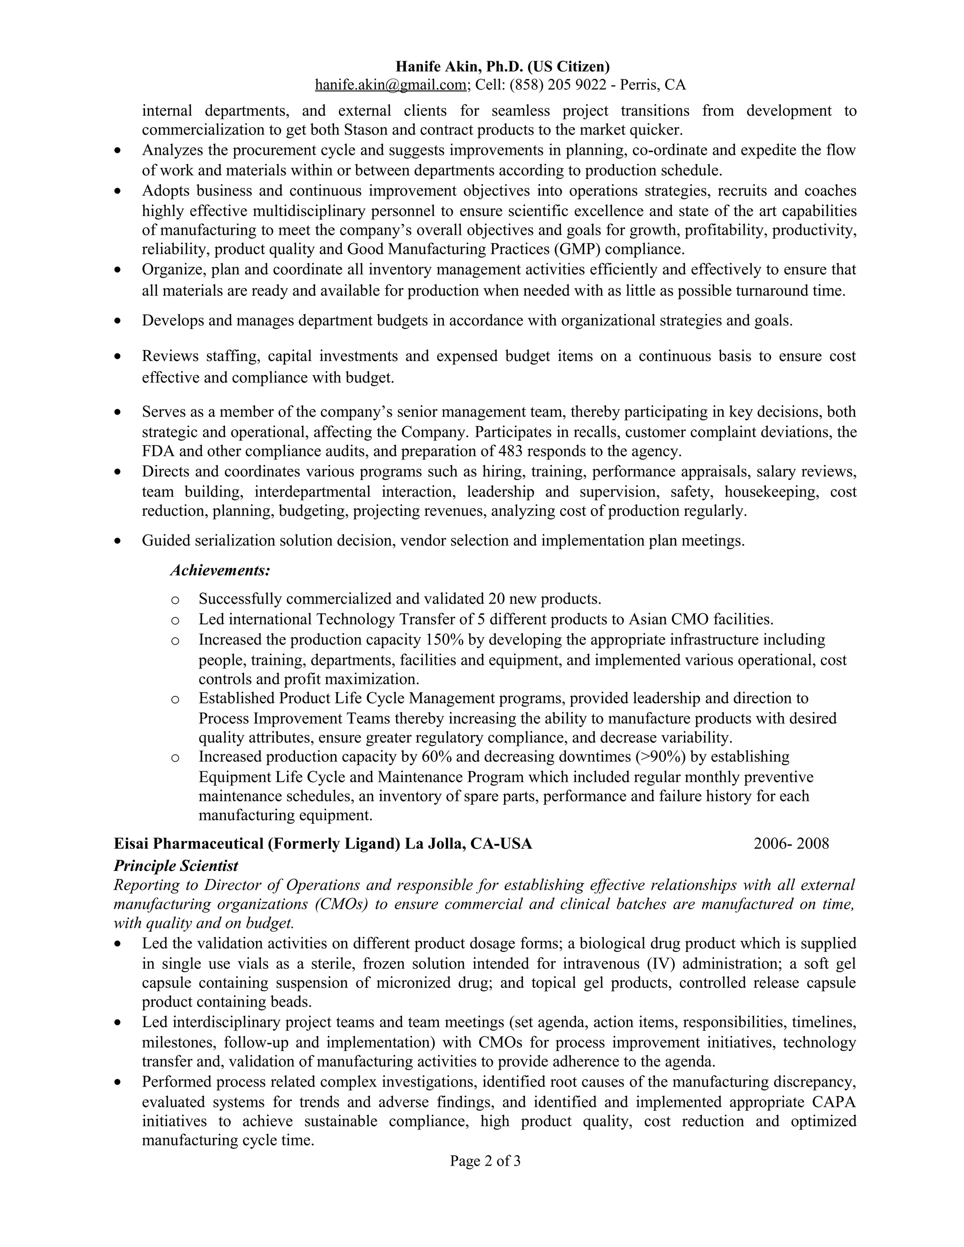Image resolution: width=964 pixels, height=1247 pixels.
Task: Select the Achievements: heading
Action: (220, 570)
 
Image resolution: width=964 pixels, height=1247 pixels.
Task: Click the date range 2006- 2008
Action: (791, 843)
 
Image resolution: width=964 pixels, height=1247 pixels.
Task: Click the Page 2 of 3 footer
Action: (485, 1161)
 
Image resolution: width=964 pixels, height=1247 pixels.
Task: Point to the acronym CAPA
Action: (835, 1102)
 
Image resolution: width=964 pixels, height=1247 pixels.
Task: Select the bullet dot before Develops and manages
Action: (118, 321)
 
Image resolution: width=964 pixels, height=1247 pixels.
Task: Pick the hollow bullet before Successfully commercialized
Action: (175, 600)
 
